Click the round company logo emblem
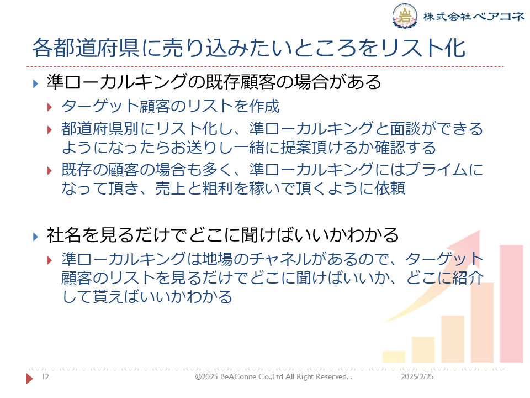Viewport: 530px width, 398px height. (404, 15)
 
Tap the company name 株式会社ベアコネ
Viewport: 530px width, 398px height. (474, 16)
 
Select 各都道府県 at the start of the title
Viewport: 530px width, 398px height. (86, 48)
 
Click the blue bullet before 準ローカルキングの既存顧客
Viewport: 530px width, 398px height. (35, 83)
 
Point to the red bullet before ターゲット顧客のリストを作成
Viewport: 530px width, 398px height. (49, 108)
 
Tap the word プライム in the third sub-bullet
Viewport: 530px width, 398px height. (436, 170)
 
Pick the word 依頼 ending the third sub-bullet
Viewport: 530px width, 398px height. (390, 188)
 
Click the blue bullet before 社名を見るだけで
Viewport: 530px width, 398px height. (35, 237)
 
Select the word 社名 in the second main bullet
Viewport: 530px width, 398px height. (63, 235)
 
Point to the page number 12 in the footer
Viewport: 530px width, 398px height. (45, 376)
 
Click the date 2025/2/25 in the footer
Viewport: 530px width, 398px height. (417, 376)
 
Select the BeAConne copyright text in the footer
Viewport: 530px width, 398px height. (273, 376)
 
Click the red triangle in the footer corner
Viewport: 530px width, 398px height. (30, 378)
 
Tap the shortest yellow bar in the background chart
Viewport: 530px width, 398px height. (394, 357)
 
